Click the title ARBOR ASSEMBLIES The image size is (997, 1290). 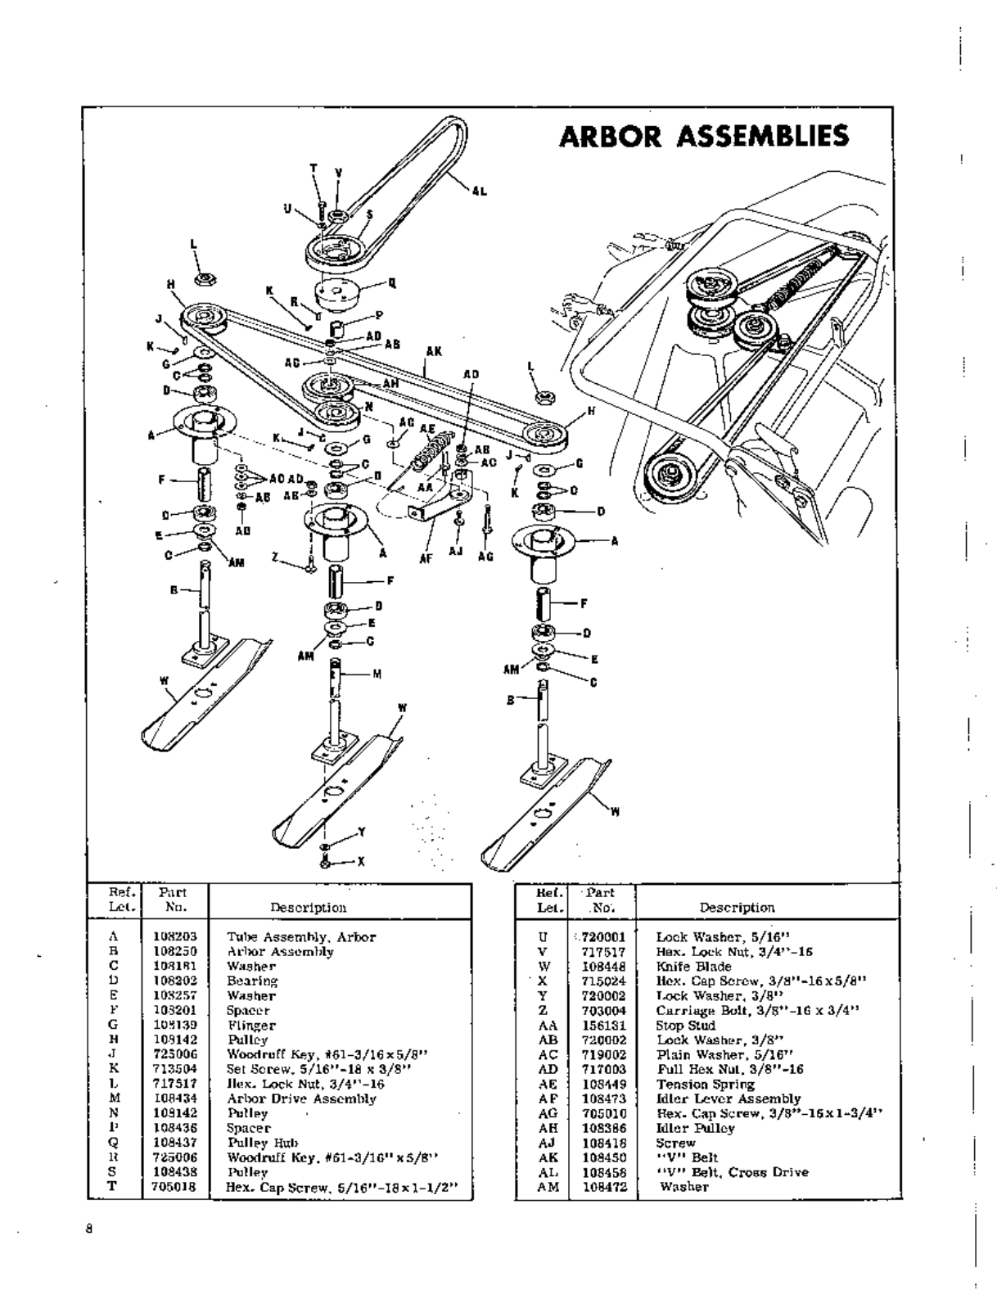pyautogui.click(x=703, y=136)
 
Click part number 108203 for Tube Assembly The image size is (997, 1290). pyautogui.click(x=175, y=936)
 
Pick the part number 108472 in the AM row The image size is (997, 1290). pyautogui.click(x=604, y=1186)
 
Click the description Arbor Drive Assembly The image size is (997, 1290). pyautogui.click(x=301, y=1098)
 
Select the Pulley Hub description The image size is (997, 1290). pyautogui.click(x=263, y=1143)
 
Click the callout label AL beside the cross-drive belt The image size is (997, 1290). pyautogui.click(x=479, y=192)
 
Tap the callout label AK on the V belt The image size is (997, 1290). pyautogui.click(x=434, y=352)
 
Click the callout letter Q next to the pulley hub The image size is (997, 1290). pyautogui.click(x=392, y=283)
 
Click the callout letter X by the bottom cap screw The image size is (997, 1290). pyautogui.click(x=361, y=861)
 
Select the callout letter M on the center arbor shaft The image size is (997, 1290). pyautogui.click(x=377, y=674)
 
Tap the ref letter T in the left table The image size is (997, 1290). pyautogui.click(x=114, y=1186)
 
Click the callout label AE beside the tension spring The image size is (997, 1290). pyautogui.click(x=426, y=428)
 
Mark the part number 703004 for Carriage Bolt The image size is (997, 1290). pyautogui.click(x=604, y=1010)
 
